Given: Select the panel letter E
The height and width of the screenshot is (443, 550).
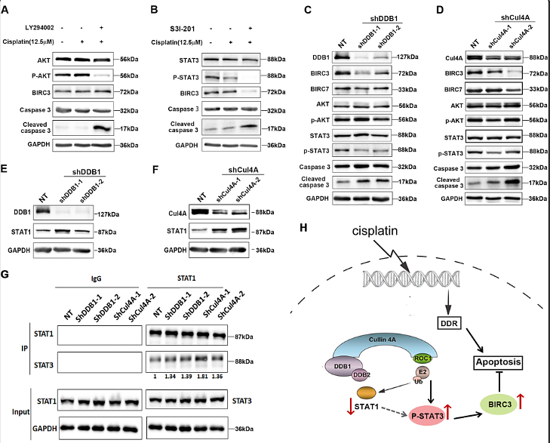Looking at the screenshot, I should tap(8, 159).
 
